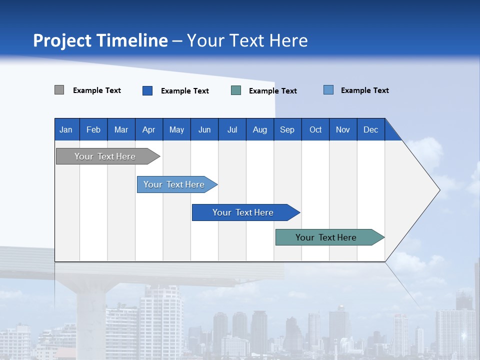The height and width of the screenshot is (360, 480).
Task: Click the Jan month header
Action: click(x=66, y=129)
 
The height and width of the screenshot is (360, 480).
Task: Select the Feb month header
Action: click(x=93, y=129)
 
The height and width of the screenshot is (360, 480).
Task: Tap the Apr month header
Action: click(x=149, y=129)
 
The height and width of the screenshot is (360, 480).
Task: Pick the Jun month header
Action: click(x=204, y=129)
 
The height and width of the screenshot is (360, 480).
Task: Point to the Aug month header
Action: click(x=260, y=129)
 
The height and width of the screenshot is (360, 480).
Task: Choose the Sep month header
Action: click(x=287, y=129)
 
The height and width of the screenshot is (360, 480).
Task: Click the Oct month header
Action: click(x=315, y=129)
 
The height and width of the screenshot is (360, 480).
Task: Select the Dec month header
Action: click(x=371, y=129)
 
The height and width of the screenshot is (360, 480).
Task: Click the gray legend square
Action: click(x=59, y=90)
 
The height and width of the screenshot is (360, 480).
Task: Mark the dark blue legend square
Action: click(x=147, y=90)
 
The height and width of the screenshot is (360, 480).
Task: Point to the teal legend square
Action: click(x=236, y=90)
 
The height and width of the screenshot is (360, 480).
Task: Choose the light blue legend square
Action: click(x=328, y=90)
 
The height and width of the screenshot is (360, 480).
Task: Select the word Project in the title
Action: click(x=62, y=40)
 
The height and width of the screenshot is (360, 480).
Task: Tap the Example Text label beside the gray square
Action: click(x=97, y=90)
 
